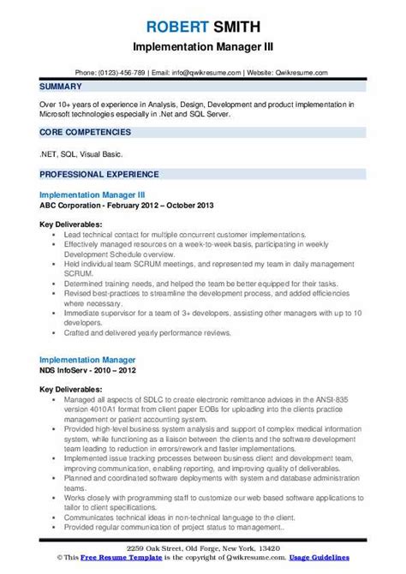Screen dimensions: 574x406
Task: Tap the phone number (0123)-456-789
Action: (x=122, y=73)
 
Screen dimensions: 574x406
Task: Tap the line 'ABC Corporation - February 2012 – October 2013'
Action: (x=126, y=206)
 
